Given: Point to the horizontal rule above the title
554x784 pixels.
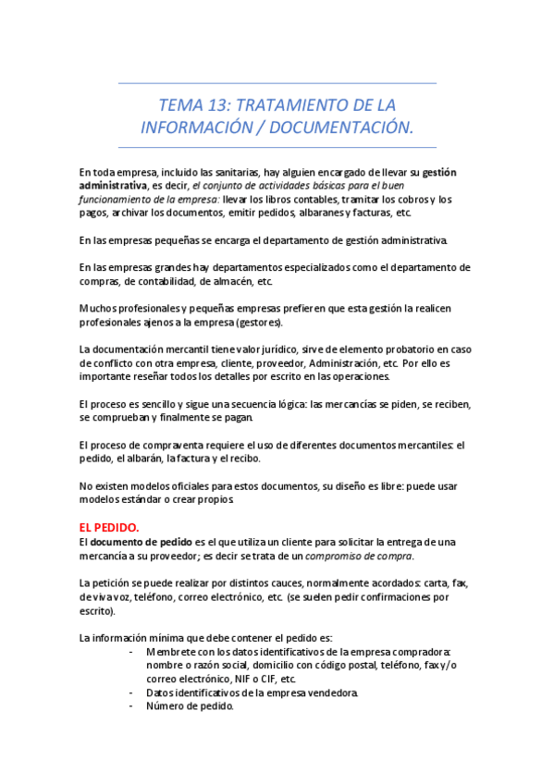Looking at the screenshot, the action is [277, 83].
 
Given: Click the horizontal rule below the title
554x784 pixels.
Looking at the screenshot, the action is [277, 147].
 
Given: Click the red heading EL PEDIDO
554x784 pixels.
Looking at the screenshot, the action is [110, 527].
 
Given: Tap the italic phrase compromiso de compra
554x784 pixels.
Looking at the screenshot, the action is [359, 556].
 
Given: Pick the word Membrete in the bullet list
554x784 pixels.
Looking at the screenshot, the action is [171, 651].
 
